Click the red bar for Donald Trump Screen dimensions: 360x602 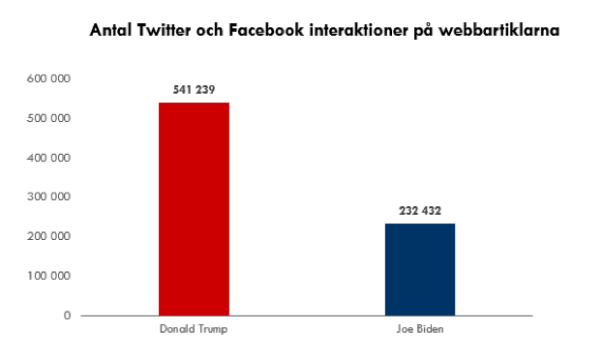194,209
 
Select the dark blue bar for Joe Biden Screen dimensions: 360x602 420,269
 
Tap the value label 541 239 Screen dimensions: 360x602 194,90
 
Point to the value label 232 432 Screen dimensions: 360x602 420,211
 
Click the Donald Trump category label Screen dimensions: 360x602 194,329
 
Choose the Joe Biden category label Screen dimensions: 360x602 420,329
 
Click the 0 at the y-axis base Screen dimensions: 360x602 67,315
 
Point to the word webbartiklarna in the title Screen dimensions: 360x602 502,31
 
